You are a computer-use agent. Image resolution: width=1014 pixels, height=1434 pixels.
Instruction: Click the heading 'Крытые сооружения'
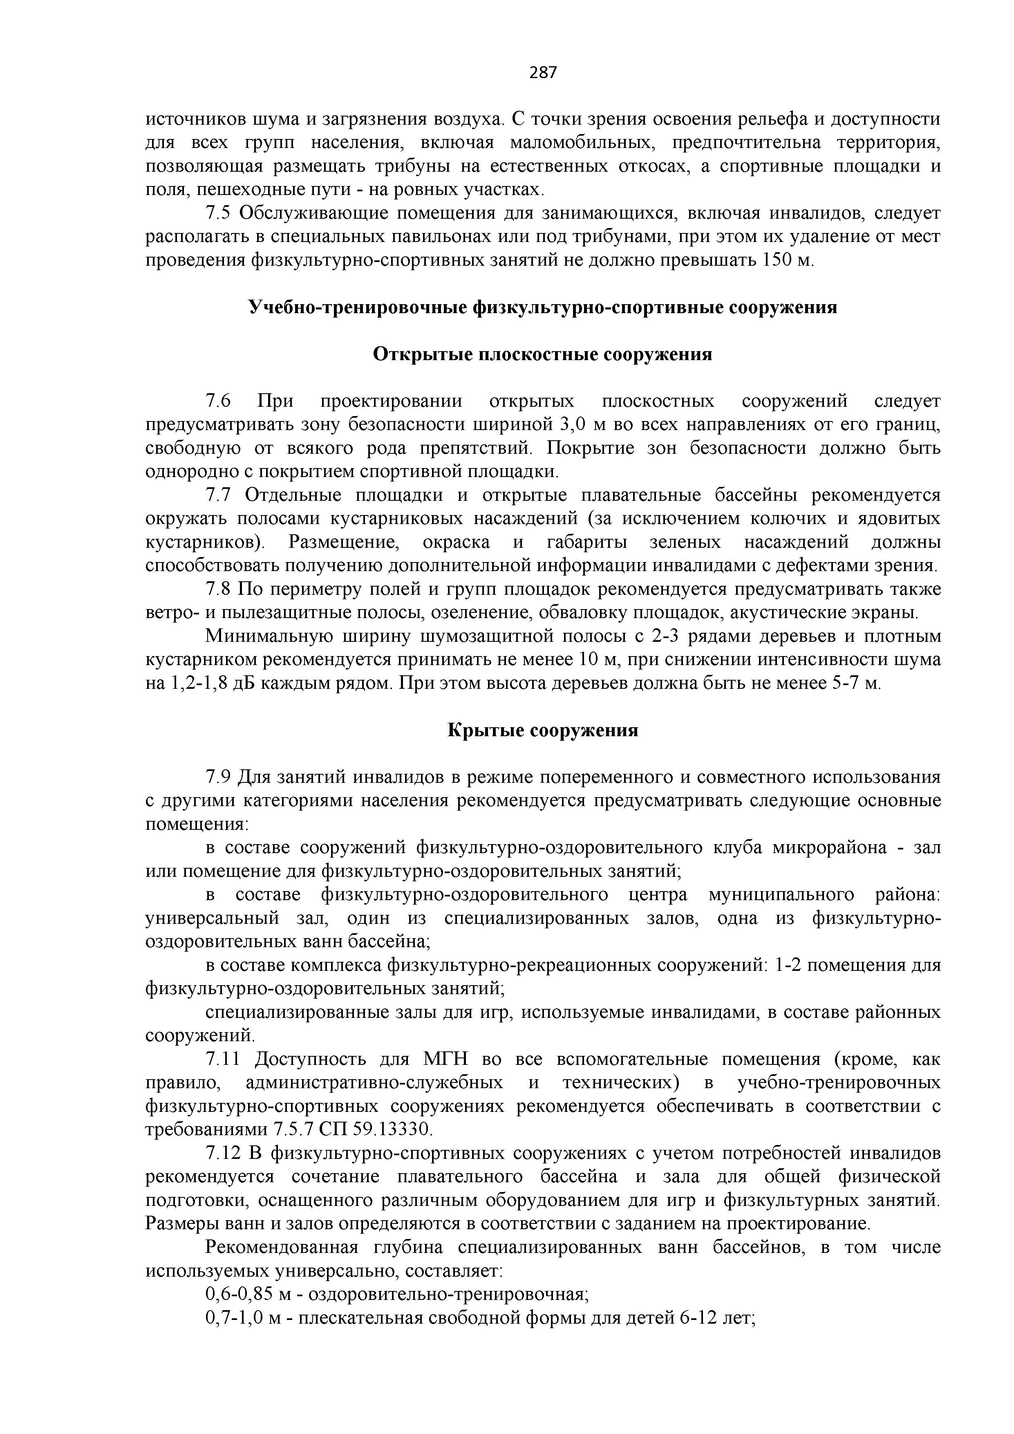coord(543,730)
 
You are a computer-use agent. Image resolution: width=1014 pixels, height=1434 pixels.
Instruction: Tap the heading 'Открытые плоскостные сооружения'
coord(543,354)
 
